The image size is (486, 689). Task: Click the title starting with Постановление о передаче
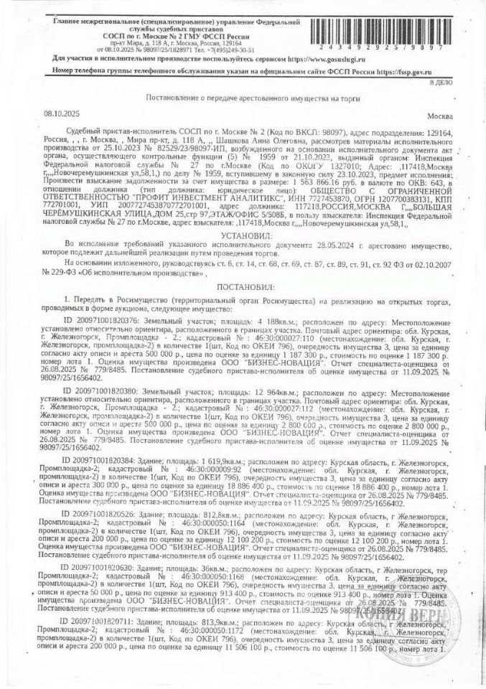(x=236, y=96)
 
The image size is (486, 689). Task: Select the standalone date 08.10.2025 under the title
(x=62, y=113)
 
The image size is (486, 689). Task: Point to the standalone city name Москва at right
(x=439, y=115)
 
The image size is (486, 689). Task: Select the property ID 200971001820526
(x=103, y=495)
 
